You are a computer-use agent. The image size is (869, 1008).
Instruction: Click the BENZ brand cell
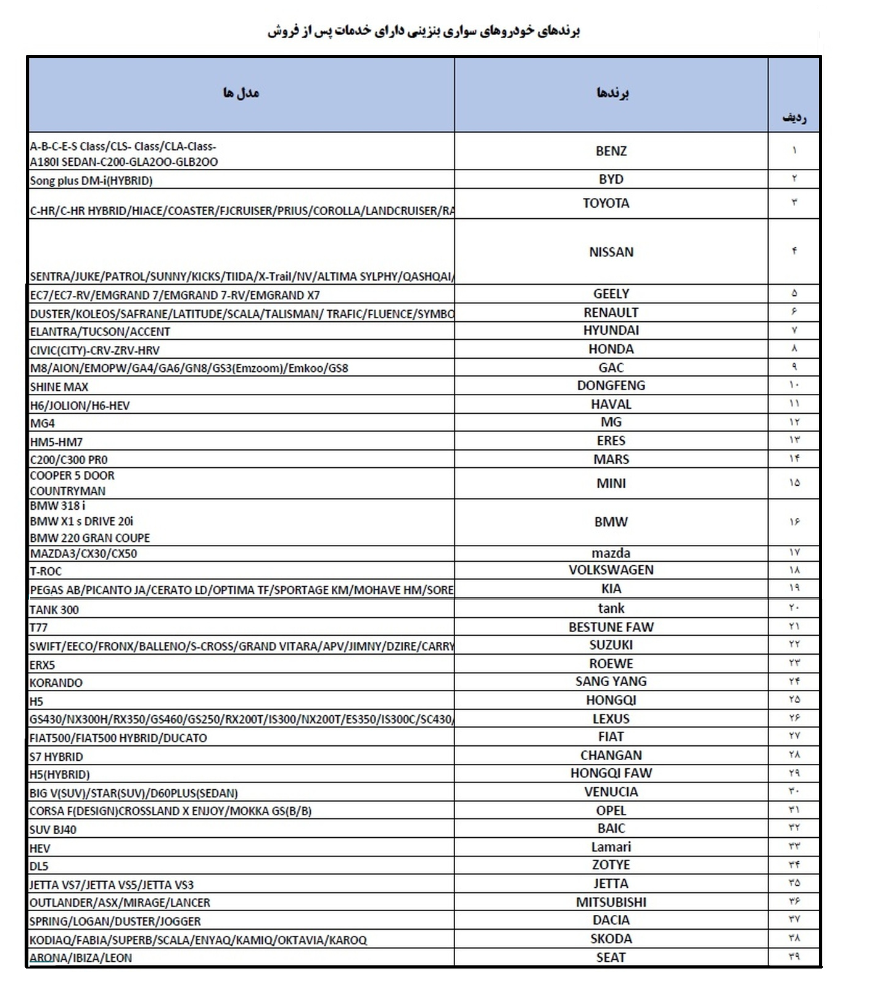point(611,151)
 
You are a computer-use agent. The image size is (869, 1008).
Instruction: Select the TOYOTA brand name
point(606,203)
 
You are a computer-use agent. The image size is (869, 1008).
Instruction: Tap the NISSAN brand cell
point(611,252)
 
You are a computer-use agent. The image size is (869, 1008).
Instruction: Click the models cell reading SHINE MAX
point(59,387)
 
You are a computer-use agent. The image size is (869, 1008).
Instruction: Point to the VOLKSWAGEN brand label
point(611,570)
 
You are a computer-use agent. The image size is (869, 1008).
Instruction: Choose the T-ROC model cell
point(46,572)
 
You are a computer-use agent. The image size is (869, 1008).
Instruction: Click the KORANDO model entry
point(56,683)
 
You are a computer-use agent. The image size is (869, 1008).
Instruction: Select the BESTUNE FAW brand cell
point(611,627)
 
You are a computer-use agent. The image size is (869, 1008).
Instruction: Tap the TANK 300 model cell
point(54,610)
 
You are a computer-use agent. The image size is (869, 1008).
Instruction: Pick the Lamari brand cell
point(611,847)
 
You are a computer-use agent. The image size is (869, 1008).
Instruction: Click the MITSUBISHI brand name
point(611,903)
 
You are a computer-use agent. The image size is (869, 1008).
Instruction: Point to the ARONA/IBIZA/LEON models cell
point(81,958)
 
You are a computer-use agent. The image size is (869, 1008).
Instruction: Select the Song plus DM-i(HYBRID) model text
point(91,181)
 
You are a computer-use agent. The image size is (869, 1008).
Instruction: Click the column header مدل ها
point(241,93)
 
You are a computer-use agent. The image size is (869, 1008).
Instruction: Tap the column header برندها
point(612,93)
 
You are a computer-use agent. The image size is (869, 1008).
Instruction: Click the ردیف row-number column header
point(794,117)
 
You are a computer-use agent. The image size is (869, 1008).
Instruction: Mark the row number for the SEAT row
point(794,957)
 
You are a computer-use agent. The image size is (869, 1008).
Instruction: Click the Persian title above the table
point(424,31)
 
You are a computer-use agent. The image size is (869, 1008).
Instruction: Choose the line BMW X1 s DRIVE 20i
point(81,522)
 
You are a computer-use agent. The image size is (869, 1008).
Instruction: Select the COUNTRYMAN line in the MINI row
point(68,491)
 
